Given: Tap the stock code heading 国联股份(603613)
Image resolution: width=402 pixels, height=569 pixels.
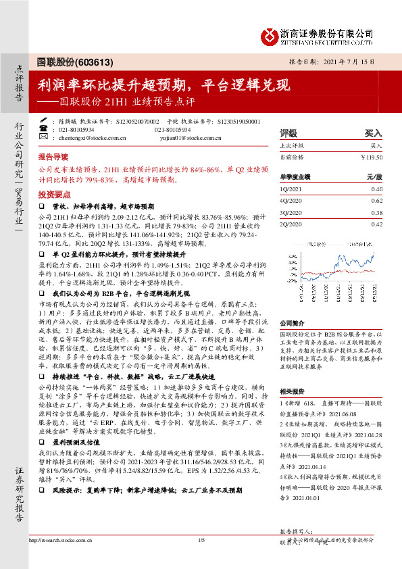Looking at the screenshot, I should pos(74,61).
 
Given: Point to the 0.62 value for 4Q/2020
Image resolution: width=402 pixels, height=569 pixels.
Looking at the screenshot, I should pos(377,201).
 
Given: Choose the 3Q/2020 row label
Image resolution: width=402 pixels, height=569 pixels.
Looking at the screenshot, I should pos(291,212).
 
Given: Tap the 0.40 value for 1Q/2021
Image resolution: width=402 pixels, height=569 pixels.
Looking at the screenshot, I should pos(377,190).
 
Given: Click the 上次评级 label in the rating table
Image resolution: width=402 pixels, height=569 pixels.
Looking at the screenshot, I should pos(291,145).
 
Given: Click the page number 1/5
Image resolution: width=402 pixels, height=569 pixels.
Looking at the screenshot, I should pos(201,559).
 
